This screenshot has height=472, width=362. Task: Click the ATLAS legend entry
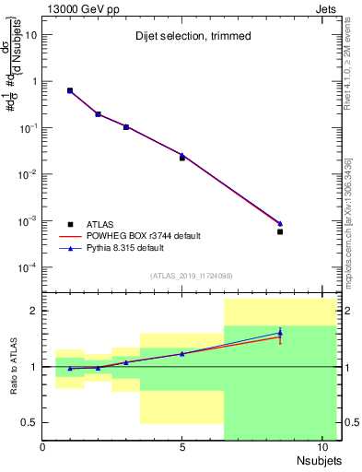point(101,224)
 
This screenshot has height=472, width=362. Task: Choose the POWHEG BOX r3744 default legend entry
point(147,236)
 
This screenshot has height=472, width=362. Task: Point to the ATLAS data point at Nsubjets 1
point(70,90)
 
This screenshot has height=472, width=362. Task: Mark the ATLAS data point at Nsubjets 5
point(182,158)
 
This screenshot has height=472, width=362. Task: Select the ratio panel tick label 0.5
point(29,422)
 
